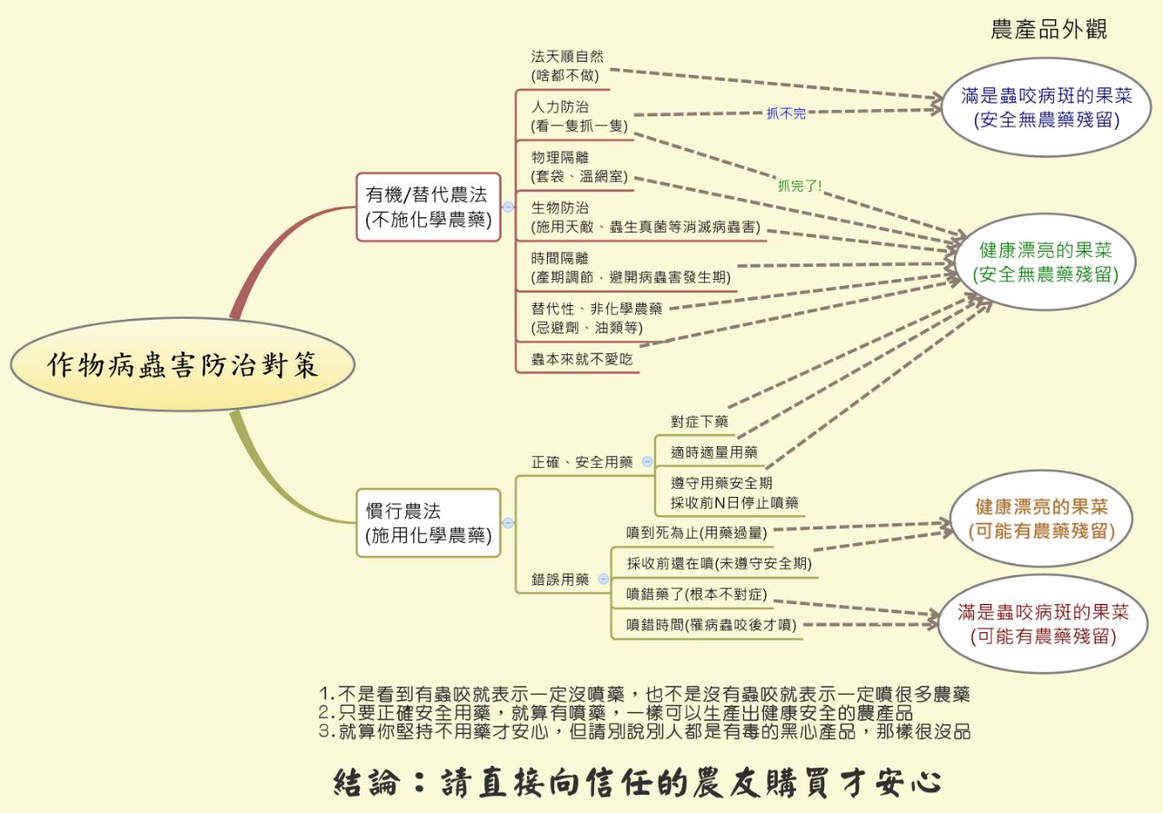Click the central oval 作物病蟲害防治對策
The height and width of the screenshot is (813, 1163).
[x=183, y=364]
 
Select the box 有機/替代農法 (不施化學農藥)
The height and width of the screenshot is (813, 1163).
[x=428, y=207]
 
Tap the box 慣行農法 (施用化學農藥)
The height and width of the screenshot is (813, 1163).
[x=428, y=523]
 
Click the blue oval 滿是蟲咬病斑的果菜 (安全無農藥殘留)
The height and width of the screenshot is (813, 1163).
[x=1046, y=107]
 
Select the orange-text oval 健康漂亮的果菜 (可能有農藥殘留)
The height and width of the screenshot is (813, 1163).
[x=1041, y=519]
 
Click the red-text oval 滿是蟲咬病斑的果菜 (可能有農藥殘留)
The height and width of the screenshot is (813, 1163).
[x=1043, y=624]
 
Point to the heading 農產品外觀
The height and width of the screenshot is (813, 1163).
[x=1049, y=29]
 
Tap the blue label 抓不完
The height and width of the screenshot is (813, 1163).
[x=786, y=114]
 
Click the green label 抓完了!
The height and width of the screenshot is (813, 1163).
[x=800, y=185]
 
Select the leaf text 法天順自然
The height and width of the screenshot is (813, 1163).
[x=567, y=56]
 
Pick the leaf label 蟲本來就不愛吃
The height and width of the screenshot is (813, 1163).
[x=581, y=359]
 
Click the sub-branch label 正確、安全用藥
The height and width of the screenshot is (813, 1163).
[x=582, y=462]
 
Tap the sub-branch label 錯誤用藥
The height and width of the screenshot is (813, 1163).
[x=560, y=579]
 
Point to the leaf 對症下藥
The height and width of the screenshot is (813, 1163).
[x=700, y=421]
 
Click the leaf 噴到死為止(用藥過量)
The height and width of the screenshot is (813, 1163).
[x=696, y=532]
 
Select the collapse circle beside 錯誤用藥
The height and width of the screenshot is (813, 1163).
[x=603, y=579]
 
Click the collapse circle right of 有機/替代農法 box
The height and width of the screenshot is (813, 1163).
[x=508, y=207]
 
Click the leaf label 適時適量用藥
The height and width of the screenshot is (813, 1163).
[x=714, y=452]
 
